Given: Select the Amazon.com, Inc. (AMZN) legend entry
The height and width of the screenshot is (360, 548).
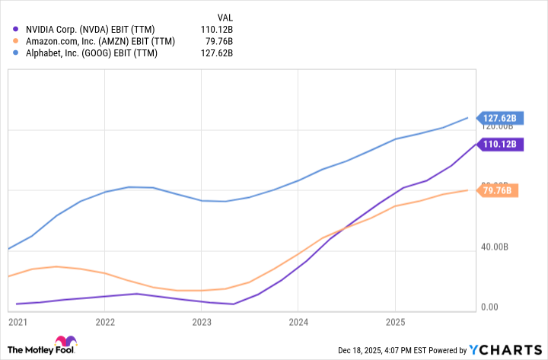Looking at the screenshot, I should (x=99, y=40).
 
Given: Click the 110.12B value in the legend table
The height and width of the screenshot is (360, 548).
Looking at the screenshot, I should (x=216, y=28).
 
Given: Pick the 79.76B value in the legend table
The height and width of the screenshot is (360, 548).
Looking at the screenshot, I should (x=218, y=40).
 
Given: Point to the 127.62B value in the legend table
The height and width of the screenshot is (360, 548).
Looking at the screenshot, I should (x=216, y=53).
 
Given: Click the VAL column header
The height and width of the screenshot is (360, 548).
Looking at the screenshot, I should (x=225, y=15).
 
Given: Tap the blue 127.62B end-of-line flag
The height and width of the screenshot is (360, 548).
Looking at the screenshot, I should (x=498, y=118).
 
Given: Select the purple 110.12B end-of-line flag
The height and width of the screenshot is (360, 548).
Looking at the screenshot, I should (x=498, y=143).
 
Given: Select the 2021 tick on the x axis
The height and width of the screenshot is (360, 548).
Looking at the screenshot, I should (x=18, y=322).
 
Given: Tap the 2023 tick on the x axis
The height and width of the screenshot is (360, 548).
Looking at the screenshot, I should (x=202, y=322).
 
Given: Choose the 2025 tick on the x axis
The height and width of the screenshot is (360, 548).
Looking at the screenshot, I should (x=394, y=322).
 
